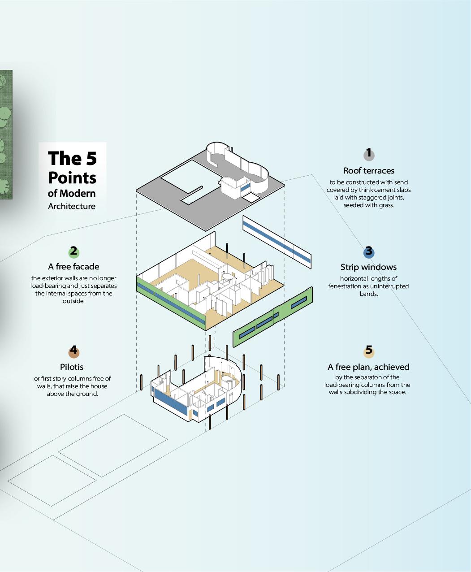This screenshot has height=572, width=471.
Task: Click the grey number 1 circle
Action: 368,155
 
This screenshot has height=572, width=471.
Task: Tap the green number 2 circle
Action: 73,252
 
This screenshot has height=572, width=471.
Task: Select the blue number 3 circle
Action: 368,252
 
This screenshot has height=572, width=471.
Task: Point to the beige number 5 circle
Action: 368,351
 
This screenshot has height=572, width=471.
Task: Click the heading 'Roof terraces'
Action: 368,170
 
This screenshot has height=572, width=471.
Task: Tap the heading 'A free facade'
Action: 73,267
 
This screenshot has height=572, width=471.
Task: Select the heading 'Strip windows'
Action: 368,267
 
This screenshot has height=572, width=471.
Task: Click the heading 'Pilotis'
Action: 72,367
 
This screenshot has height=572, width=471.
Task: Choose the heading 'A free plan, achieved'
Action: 368,367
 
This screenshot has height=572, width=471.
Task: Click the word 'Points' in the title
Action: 72,178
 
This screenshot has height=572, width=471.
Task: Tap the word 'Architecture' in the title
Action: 72,206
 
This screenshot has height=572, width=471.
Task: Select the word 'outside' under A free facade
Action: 73,301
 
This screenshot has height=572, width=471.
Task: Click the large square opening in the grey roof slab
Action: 188,183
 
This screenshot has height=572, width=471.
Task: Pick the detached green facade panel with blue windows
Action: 272,317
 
